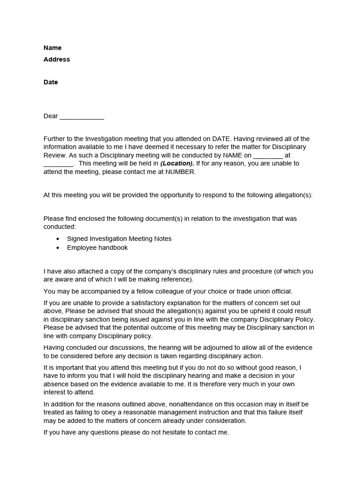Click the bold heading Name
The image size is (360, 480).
tap(52, 48)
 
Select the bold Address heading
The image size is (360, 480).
tap(57, 60)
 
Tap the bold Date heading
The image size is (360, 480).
tap(51, 82)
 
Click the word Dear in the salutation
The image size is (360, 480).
tap(51, 116)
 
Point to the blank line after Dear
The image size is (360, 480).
tap(82, 117)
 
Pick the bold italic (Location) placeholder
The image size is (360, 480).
tap(177, 164)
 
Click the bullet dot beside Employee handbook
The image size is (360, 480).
tap(58, 248)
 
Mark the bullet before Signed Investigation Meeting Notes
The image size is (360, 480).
tap(58, 239)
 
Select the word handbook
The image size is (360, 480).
tap(113, 247)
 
